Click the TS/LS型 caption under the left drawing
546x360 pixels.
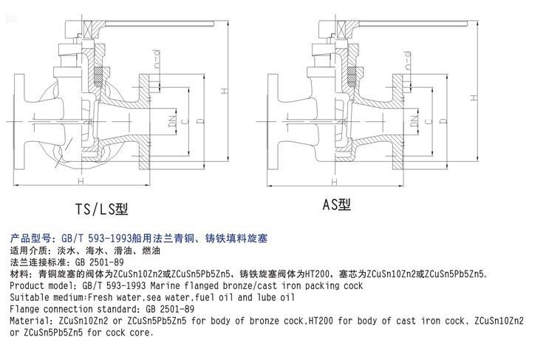[102, 208]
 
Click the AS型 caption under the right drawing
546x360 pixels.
[336, 204]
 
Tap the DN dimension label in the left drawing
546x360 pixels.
[173, 120]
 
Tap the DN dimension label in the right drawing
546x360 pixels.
[414, 120]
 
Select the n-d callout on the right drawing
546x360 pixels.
[407, 60]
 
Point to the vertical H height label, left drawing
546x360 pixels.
[225, 91]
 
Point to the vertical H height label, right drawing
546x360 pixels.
[473, 98]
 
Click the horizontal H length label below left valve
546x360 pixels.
[81, 182]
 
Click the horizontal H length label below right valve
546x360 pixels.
[335, 182]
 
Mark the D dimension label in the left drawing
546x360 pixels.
[200, 121]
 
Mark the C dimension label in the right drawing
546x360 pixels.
[429, 121]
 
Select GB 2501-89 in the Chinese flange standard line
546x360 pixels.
[99, 262]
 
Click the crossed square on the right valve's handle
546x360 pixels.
[341, 30]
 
